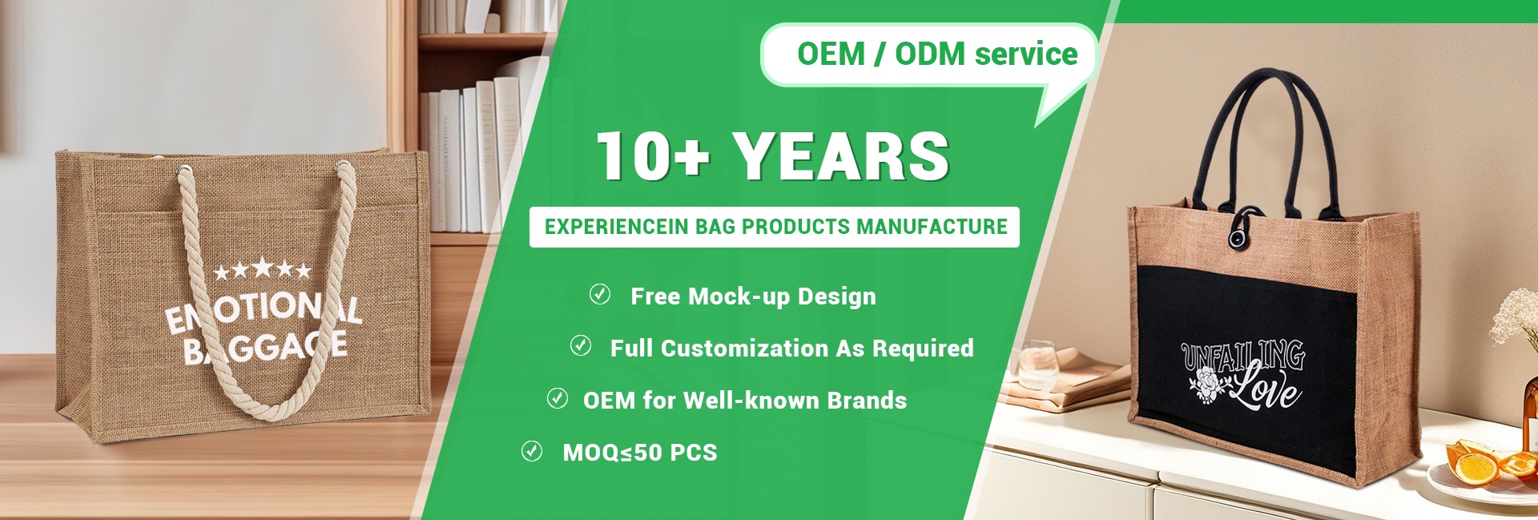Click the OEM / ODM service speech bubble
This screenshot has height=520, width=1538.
[929, 54]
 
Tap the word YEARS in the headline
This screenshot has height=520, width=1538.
[842, 155]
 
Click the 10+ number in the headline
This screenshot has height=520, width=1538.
[653, 155]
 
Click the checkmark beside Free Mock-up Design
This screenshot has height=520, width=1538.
[600, 294]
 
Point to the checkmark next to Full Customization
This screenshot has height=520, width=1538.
[580, 345]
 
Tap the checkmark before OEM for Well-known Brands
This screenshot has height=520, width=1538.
[558, 397]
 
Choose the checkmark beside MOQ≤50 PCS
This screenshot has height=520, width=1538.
[532, 450]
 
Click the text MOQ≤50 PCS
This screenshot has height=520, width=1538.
[640, 453]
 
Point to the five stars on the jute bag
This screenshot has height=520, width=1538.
[262, 269]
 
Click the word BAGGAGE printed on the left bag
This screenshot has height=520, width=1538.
[265, 348]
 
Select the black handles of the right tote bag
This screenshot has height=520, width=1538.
[1265, 144]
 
